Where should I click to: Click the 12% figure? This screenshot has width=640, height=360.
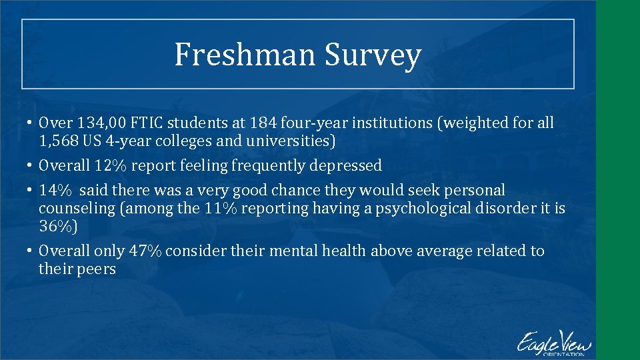point(110,165)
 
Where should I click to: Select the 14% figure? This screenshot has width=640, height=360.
point(53,190)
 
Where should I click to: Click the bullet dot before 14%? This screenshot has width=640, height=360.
point(31,191)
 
